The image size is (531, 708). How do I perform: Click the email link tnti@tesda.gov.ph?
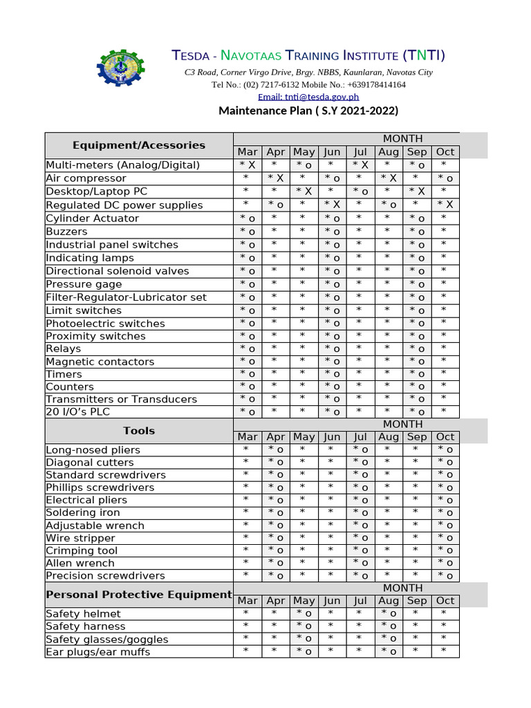pos(308,97)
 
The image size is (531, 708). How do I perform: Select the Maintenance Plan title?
pos(308,111)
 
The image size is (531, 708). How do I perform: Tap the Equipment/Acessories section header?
pos(139,145)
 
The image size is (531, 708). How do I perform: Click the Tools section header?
pos(139,431)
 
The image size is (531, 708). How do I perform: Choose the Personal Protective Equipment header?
pos(139,595)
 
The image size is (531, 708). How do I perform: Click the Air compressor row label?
pos(86,178)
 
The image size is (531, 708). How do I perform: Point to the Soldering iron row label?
pos(83,512)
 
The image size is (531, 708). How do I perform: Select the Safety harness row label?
pos(86,626)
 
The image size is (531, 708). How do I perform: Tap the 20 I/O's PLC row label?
pos(79,412)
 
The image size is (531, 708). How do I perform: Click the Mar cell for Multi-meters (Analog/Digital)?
pos(248,165)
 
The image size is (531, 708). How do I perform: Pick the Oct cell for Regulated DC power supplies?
pos(445,205)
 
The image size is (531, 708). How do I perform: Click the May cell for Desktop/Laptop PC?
pos(304,192)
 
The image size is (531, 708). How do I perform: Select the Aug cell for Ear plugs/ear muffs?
pos(389,652)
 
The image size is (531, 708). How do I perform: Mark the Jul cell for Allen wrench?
pos(360,563)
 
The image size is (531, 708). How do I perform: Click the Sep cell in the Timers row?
pos(417,374)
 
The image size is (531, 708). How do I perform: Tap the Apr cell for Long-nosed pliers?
pos(275,450)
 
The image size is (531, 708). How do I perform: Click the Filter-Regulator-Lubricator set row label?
pos(127,297)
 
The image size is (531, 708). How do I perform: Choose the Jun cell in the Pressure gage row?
pos(332,284)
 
